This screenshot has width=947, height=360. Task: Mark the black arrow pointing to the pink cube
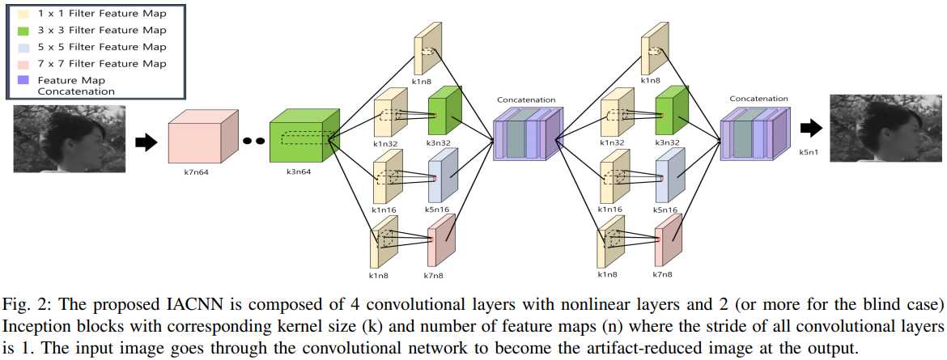(x=144, y=142)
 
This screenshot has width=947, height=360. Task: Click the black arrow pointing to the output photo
(x=810, y=128)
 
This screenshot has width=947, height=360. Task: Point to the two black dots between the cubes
(x=253, y=141)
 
